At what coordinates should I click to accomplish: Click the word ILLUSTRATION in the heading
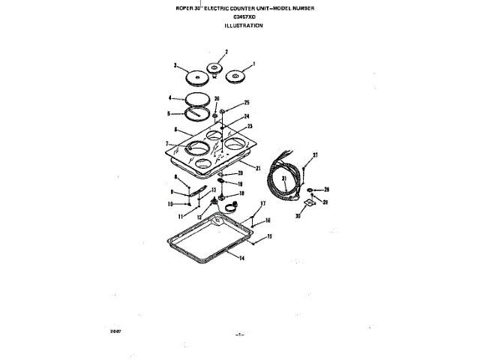(244, 25)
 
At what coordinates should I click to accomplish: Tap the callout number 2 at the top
(216, 52)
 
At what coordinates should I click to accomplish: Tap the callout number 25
(246, 102)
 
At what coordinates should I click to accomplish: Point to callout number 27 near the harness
(316, 155)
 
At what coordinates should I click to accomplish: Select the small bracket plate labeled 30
(307, 205)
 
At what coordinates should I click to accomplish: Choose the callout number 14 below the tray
(242, 259)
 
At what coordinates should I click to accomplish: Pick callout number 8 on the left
(177, 178)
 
